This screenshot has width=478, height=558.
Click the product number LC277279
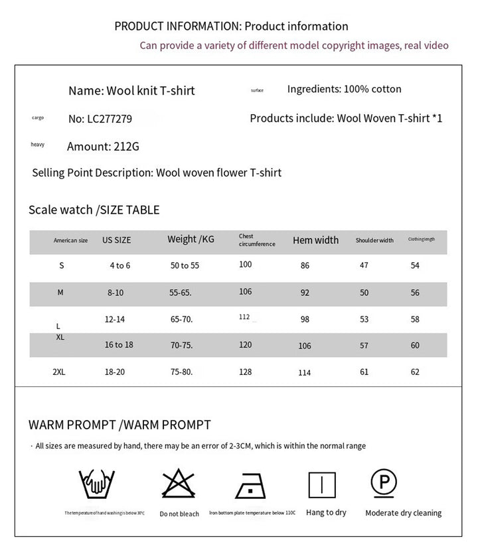[x=100, y=119]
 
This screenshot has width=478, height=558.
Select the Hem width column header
[x=315, y=240]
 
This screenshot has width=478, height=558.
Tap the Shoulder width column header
[x=374, y=240]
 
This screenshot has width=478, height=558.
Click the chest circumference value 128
[x=246, y=372]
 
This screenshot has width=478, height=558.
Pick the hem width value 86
[x=305, y=265]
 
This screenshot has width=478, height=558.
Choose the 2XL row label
[x=58, y=372]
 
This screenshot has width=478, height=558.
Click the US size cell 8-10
[x=116, y=292]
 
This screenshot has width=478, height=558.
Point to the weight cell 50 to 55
[x=185, y=265]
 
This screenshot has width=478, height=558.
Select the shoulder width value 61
[x=364, y=372]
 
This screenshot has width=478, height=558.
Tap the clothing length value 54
[x=415, y=265]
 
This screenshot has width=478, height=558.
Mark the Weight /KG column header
[x=191, y=239]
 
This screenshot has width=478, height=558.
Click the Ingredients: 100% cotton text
[x=344, y=89]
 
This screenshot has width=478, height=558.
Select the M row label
[x=60, y=292]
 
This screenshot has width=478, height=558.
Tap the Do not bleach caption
[x=179, y=514]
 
